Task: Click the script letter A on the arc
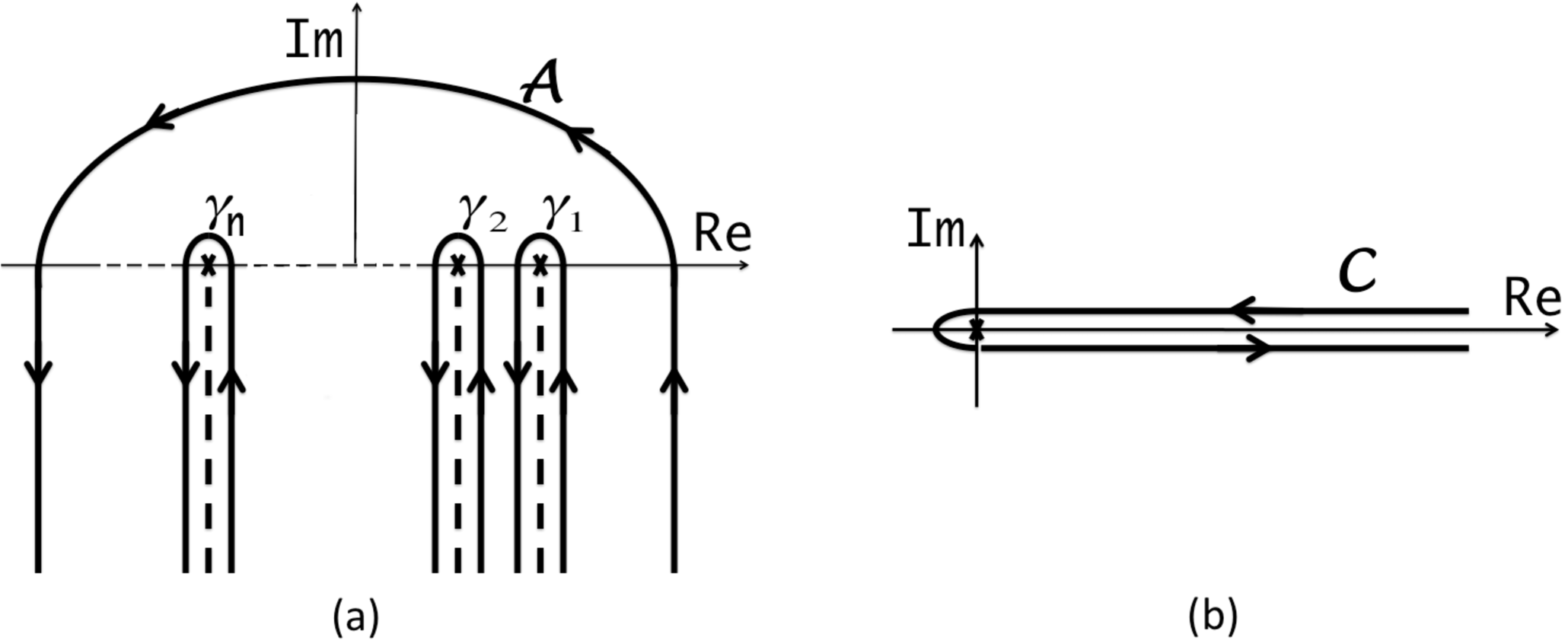[x=543, y=83]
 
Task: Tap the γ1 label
[x=563, y=212]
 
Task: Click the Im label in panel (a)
[x=314, y=41]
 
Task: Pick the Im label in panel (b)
[x=935, y=230]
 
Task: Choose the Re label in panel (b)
[x=1531, y=299]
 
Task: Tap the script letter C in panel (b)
[x=1357, y=272]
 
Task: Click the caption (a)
[x=355, y=617]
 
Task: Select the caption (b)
[x=1213, y=617]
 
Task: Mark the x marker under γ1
[x=540, y=265]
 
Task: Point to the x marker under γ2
[x=457, y=265]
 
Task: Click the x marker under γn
[x=208, y=265]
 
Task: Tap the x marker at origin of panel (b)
[x=977, y=330]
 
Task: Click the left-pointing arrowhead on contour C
[x=1245, y=311]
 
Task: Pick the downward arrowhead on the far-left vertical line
[x=38, y=373]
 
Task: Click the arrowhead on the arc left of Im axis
[x=160, y=119]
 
